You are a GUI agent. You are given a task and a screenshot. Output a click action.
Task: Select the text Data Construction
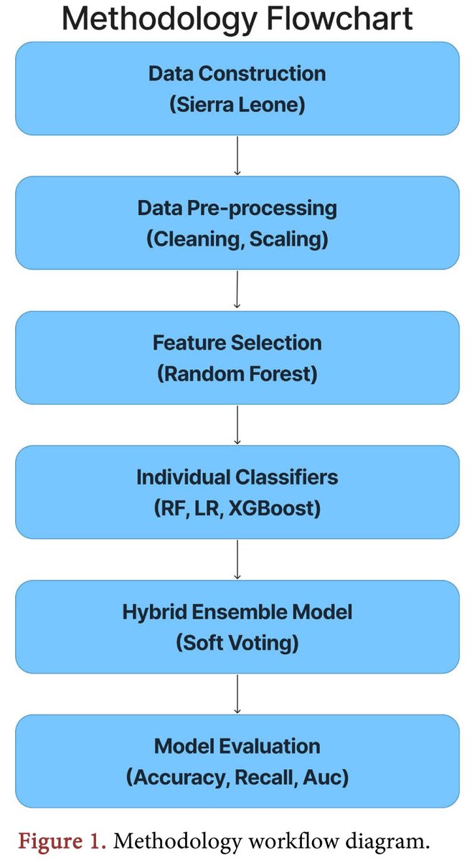click(237, 74)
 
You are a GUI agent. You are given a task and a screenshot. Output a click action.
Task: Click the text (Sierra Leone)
click(237, 105)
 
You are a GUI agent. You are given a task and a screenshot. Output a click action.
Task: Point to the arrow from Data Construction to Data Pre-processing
click(237, 156)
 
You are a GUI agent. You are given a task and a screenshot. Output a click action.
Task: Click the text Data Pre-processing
click(237, 209)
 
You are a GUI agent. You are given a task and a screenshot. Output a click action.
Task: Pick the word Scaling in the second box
click(291, 239)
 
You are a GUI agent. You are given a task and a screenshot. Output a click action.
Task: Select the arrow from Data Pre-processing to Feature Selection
click(237, 290)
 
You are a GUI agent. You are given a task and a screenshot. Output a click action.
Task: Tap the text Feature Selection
click(237, 343)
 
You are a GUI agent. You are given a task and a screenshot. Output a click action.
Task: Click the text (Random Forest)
click(237, 373)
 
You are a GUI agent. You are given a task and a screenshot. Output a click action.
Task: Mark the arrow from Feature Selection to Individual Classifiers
click(237, 424)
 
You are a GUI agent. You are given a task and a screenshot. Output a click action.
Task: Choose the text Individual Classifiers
click(237, 477)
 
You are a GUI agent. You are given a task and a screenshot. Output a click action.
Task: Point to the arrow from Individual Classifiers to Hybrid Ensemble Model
click(237, 559)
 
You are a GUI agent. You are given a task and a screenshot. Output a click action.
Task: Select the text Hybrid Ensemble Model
click(237, 612)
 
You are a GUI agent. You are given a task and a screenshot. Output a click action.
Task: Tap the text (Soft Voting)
click(237, 643)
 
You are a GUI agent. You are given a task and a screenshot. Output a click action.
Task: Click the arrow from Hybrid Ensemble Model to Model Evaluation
click(237, 694)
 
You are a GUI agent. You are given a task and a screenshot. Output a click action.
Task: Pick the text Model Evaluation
click(237, 746)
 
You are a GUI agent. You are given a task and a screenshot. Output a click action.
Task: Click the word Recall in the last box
click(265, 778)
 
